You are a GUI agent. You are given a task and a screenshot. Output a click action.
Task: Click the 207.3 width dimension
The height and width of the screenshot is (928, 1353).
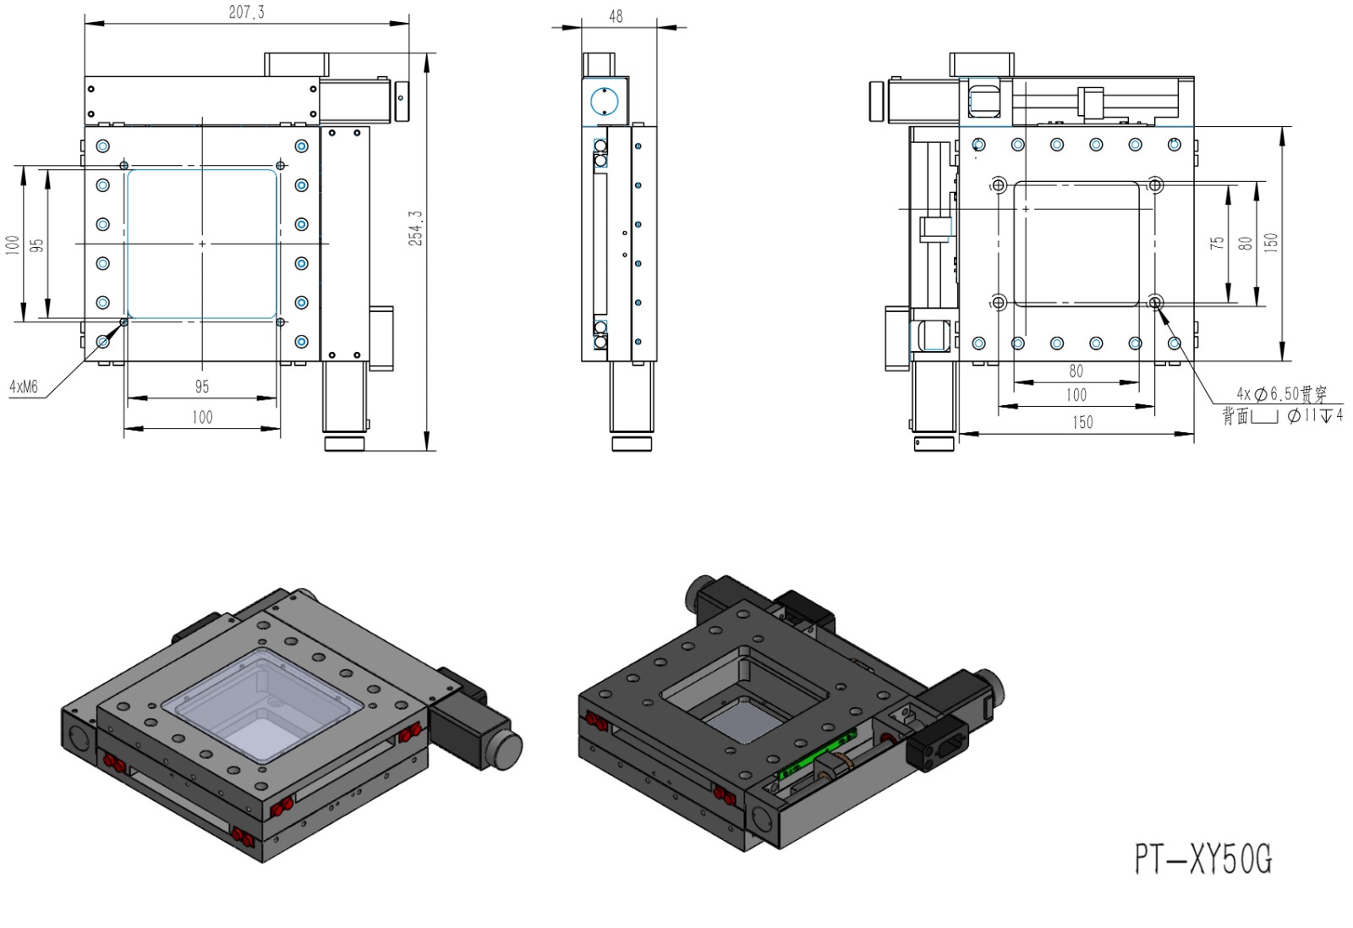pyautogui.click(x=246, y=12)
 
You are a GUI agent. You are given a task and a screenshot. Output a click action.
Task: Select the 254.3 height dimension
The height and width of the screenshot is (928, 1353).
pyautogui.click(x=416, y=228)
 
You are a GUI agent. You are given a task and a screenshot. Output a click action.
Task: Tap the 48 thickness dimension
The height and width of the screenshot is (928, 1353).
pyautogui.click(x=616, y=16)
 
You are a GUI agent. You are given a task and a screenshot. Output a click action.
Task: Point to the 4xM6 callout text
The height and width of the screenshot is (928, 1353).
pyautogui.click(x=24, y=387)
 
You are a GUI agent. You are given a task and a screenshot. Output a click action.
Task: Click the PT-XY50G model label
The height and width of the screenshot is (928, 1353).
pyautogui.click(x=1202, y=859)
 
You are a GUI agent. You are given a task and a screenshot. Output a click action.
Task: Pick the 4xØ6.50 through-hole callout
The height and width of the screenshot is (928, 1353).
pyautogui.click(x=1281, y=393)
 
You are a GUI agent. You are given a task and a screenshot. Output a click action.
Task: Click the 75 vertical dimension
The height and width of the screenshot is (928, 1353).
pyautogui.click(x=1217, y=243)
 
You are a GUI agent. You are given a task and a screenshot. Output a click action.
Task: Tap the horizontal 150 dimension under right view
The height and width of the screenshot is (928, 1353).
pyautogui.click(x=1082, y=422)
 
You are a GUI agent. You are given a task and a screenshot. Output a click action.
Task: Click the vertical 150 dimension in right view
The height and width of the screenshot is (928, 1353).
pyautogui.click(x=1271, y=243)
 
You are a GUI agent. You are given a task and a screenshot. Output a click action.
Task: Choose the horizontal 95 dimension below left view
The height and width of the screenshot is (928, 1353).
pyautogui.click(x=202, y=387)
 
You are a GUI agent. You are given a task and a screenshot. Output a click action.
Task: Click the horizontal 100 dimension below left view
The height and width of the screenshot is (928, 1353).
pyautogui.click(x=202, y=417)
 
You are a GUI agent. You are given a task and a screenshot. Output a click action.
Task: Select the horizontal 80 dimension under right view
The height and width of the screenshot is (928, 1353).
pyautogui.click(x=1076, y=371)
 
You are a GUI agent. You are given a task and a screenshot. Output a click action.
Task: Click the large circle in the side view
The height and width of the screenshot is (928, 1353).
pyautogui.click(x=604, y=102)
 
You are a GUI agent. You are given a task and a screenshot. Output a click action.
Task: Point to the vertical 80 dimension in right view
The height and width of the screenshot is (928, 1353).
pyautogui.click(x=1245, y=243)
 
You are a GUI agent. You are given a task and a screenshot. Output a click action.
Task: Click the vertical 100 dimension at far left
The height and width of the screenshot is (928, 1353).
pyautogui.click(x=12, y=245)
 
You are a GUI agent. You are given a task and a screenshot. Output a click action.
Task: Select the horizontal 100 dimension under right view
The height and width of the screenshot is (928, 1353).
pyautogui.click(x=1076, y=395)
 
